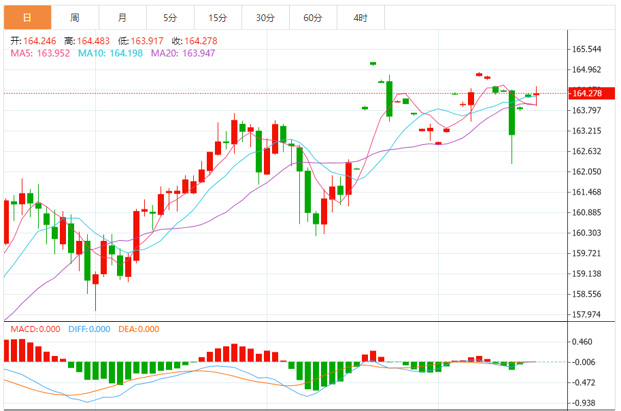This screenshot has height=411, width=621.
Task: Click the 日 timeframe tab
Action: coord(27,18)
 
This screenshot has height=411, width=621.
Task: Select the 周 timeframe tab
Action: coord(75,18)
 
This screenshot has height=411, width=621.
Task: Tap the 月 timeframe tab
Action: coord(122,18)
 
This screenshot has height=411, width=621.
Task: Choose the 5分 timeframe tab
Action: coord(170,18)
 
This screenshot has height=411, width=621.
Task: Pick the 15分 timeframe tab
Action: coord(218,18)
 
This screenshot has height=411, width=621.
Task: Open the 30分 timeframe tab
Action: coord(265,18)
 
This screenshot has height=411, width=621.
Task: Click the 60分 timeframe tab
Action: coord(313,18)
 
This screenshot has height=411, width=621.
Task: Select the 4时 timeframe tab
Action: coord(360,18)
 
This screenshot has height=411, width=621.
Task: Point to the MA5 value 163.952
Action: coord(53,53)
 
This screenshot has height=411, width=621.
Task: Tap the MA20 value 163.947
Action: coord(199,53)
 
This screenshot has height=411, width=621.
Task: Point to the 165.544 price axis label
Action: coord(586,49)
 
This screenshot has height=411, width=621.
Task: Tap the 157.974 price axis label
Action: coord(586,314)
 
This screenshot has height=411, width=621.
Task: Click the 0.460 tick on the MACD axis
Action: coord(584,342)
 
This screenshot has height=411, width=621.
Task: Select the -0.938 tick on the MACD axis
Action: coord(584,403)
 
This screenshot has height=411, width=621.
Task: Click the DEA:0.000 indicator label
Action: coord(139,329)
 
